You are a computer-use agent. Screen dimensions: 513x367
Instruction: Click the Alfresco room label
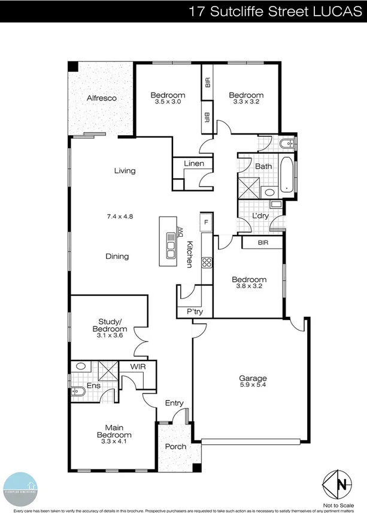click(101, 97)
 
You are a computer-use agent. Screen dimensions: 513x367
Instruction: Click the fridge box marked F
click(206, 222)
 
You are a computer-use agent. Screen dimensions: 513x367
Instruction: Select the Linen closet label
click(193, 164)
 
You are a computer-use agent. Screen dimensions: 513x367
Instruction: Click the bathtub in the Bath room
click(287, 175)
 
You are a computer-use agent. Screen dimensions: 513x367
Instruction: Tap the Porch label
click(175, 447)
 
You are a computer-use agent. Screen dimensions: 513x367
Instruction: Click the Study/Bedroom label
click(110, 325)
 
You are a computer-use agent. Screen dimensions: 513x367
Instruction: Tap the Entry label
click(174, 403)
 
